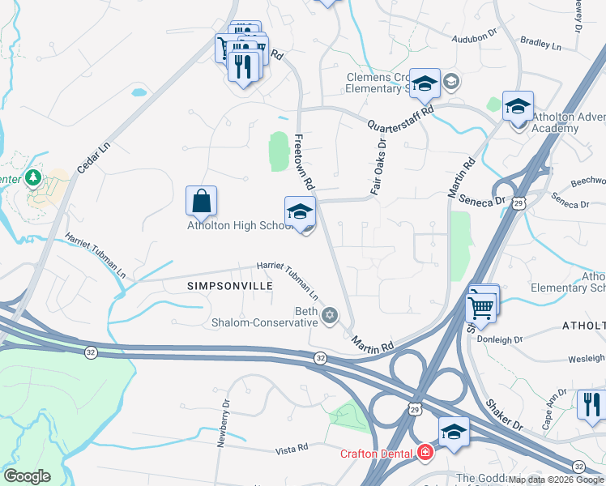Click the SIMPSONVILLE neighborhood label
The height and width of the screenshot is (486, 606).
[x=226, y=286]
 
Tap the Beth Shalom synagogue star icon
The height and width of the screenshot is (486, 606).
[x=329, y=315]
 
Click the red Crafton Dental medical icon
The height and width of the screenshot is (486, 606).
[x=425, y=453]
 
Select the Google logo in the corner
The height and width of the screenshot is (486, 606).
[x=27, y=476]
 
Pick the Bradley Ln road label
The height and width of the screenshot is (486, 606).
[x=540, y=43]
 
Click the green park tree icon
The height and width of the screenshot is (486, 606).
[x=33, y=176]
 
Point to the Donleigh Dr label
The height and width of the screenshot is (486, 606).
[x=500, y=339]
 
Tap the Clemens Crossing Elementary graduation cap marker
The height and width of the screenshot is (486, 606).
[x=425, y=83]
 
